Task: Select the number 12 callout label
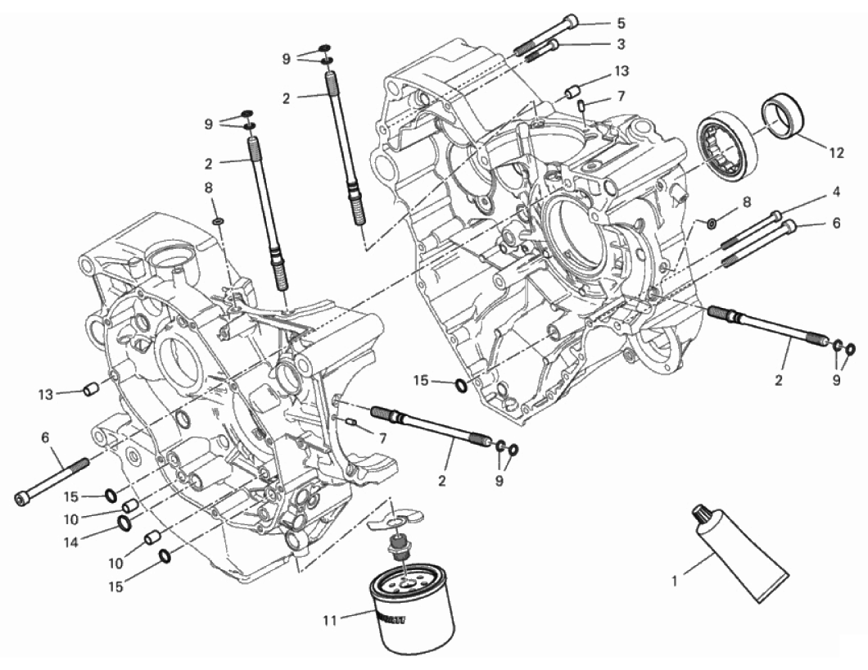836,152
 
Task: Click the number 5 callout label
621,23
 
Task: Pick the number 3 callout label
621,43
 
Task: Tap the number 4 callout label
836,192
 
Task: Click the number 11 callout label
329,622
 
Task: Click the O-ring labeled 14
124,522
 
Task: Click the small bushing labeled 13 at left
91,389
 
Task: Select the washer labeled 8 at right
712,223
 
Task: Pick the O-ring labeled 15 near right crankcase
461,385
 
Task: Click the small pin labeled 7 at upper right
581,105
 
